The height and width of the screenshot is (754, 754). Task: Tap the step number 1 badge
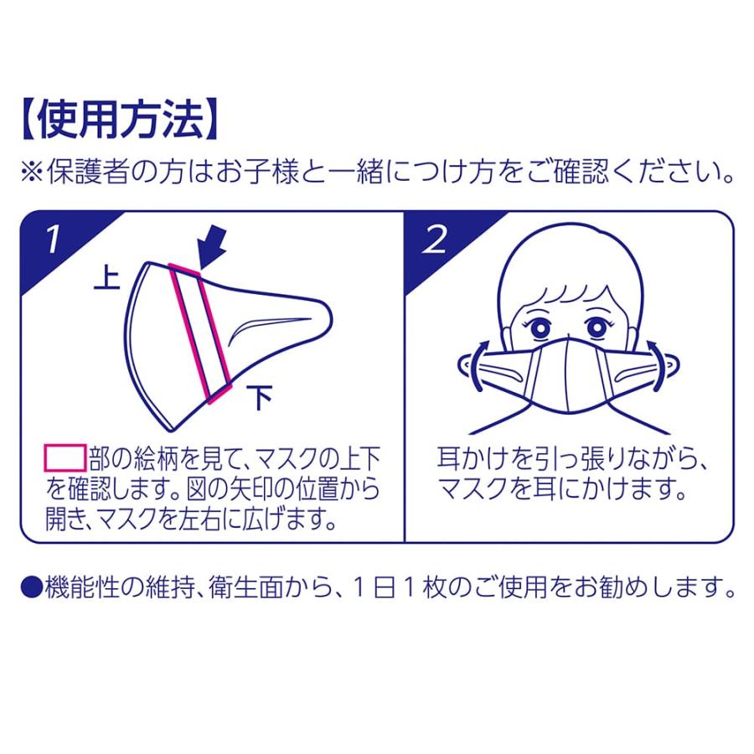tap(53, 239)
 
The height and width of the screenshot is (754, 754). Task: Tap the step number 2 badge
tap(435, 239)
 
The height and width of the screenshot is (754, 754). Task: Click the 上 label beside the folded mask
tap(106, 278)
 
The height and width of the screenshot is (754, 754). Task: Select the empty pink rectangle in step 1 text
tap(65, 457)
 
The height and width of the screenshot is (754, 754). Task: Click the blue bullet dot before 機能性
tap(31, 586)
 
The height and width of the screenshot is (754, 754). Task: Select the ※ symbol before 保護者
tap(32, 172)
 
